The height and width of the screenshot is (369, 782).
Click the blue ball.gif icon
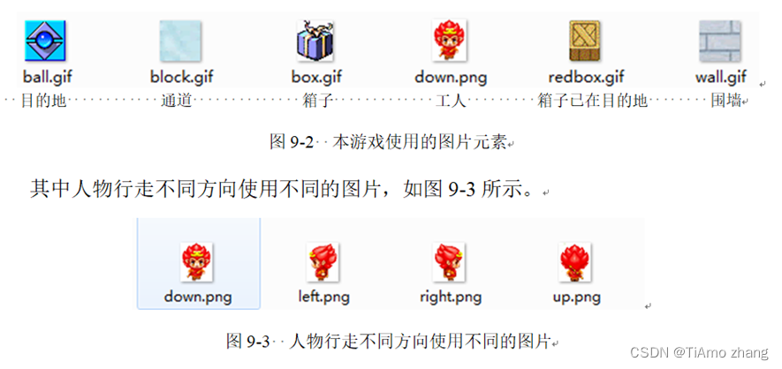click(45, 41)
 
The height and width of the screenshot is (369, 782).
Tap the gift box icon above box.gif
click(314, 41)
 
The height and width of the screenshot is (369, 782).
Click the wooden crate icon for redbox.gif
click(585, 41)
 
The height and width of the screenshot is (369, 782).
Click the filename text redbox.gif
click(586, 77)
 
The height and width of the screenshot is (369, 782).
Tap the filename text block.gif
click(181, 77)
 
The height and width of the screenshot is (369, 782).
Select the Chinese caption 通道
click(177, 101)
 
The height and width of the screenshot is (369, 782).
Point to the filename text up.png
click(576, 297)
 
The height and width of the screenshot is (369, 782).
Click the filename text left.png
click(323, 297)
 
